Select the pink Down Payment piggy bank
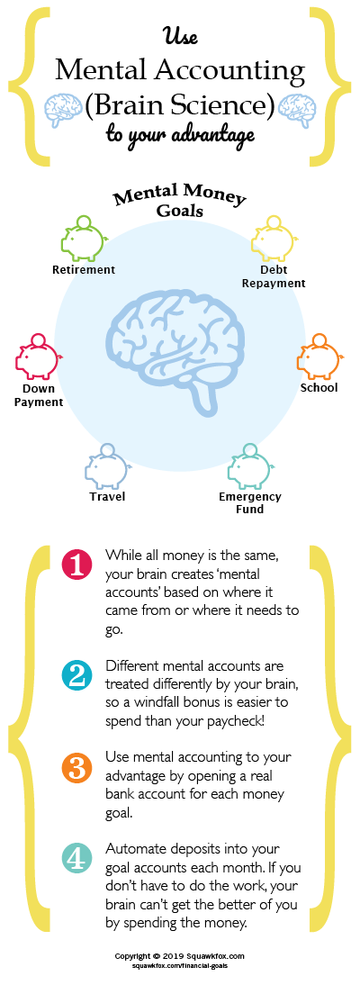pyautogui.click(x=36, y=357)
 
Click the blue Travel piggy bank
pyautogui.click(x=107, y=466)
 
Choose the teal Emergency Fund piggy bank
pyautogui.click(x=249, y=466)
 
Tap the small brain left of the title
pyautogui.click(x=64, y=109)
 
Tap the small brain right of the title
pyautogui.click(x=296, y=109)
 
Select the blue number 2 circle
pyautogui.click(x=77, y=675)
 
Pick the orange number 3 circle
pyautogui.click(x=77, y=768)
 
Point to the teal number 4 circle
pyautogui.click(x=77, y=860)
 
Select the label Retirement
pyautogui.click(x=84, y=269)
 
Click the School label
pyautogui.click(x=319, y=387)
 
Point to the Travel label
pyautogui.click(x=107, y=496)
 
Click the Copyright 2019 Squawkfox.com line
pyautogui.click(x=179, y=955)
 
